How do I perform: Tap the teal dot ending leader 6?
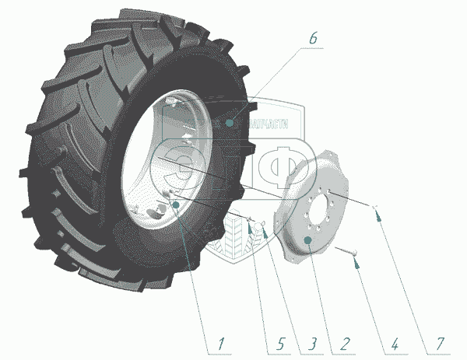click(231, 122)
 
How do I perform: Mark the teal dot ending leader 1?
click(176, 204)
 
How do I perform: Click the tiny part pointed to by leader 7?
click(375, 208)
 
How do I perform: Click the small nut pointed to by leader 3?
click(262, 225)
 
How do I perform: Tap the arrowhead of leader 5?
click(248, 220)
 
